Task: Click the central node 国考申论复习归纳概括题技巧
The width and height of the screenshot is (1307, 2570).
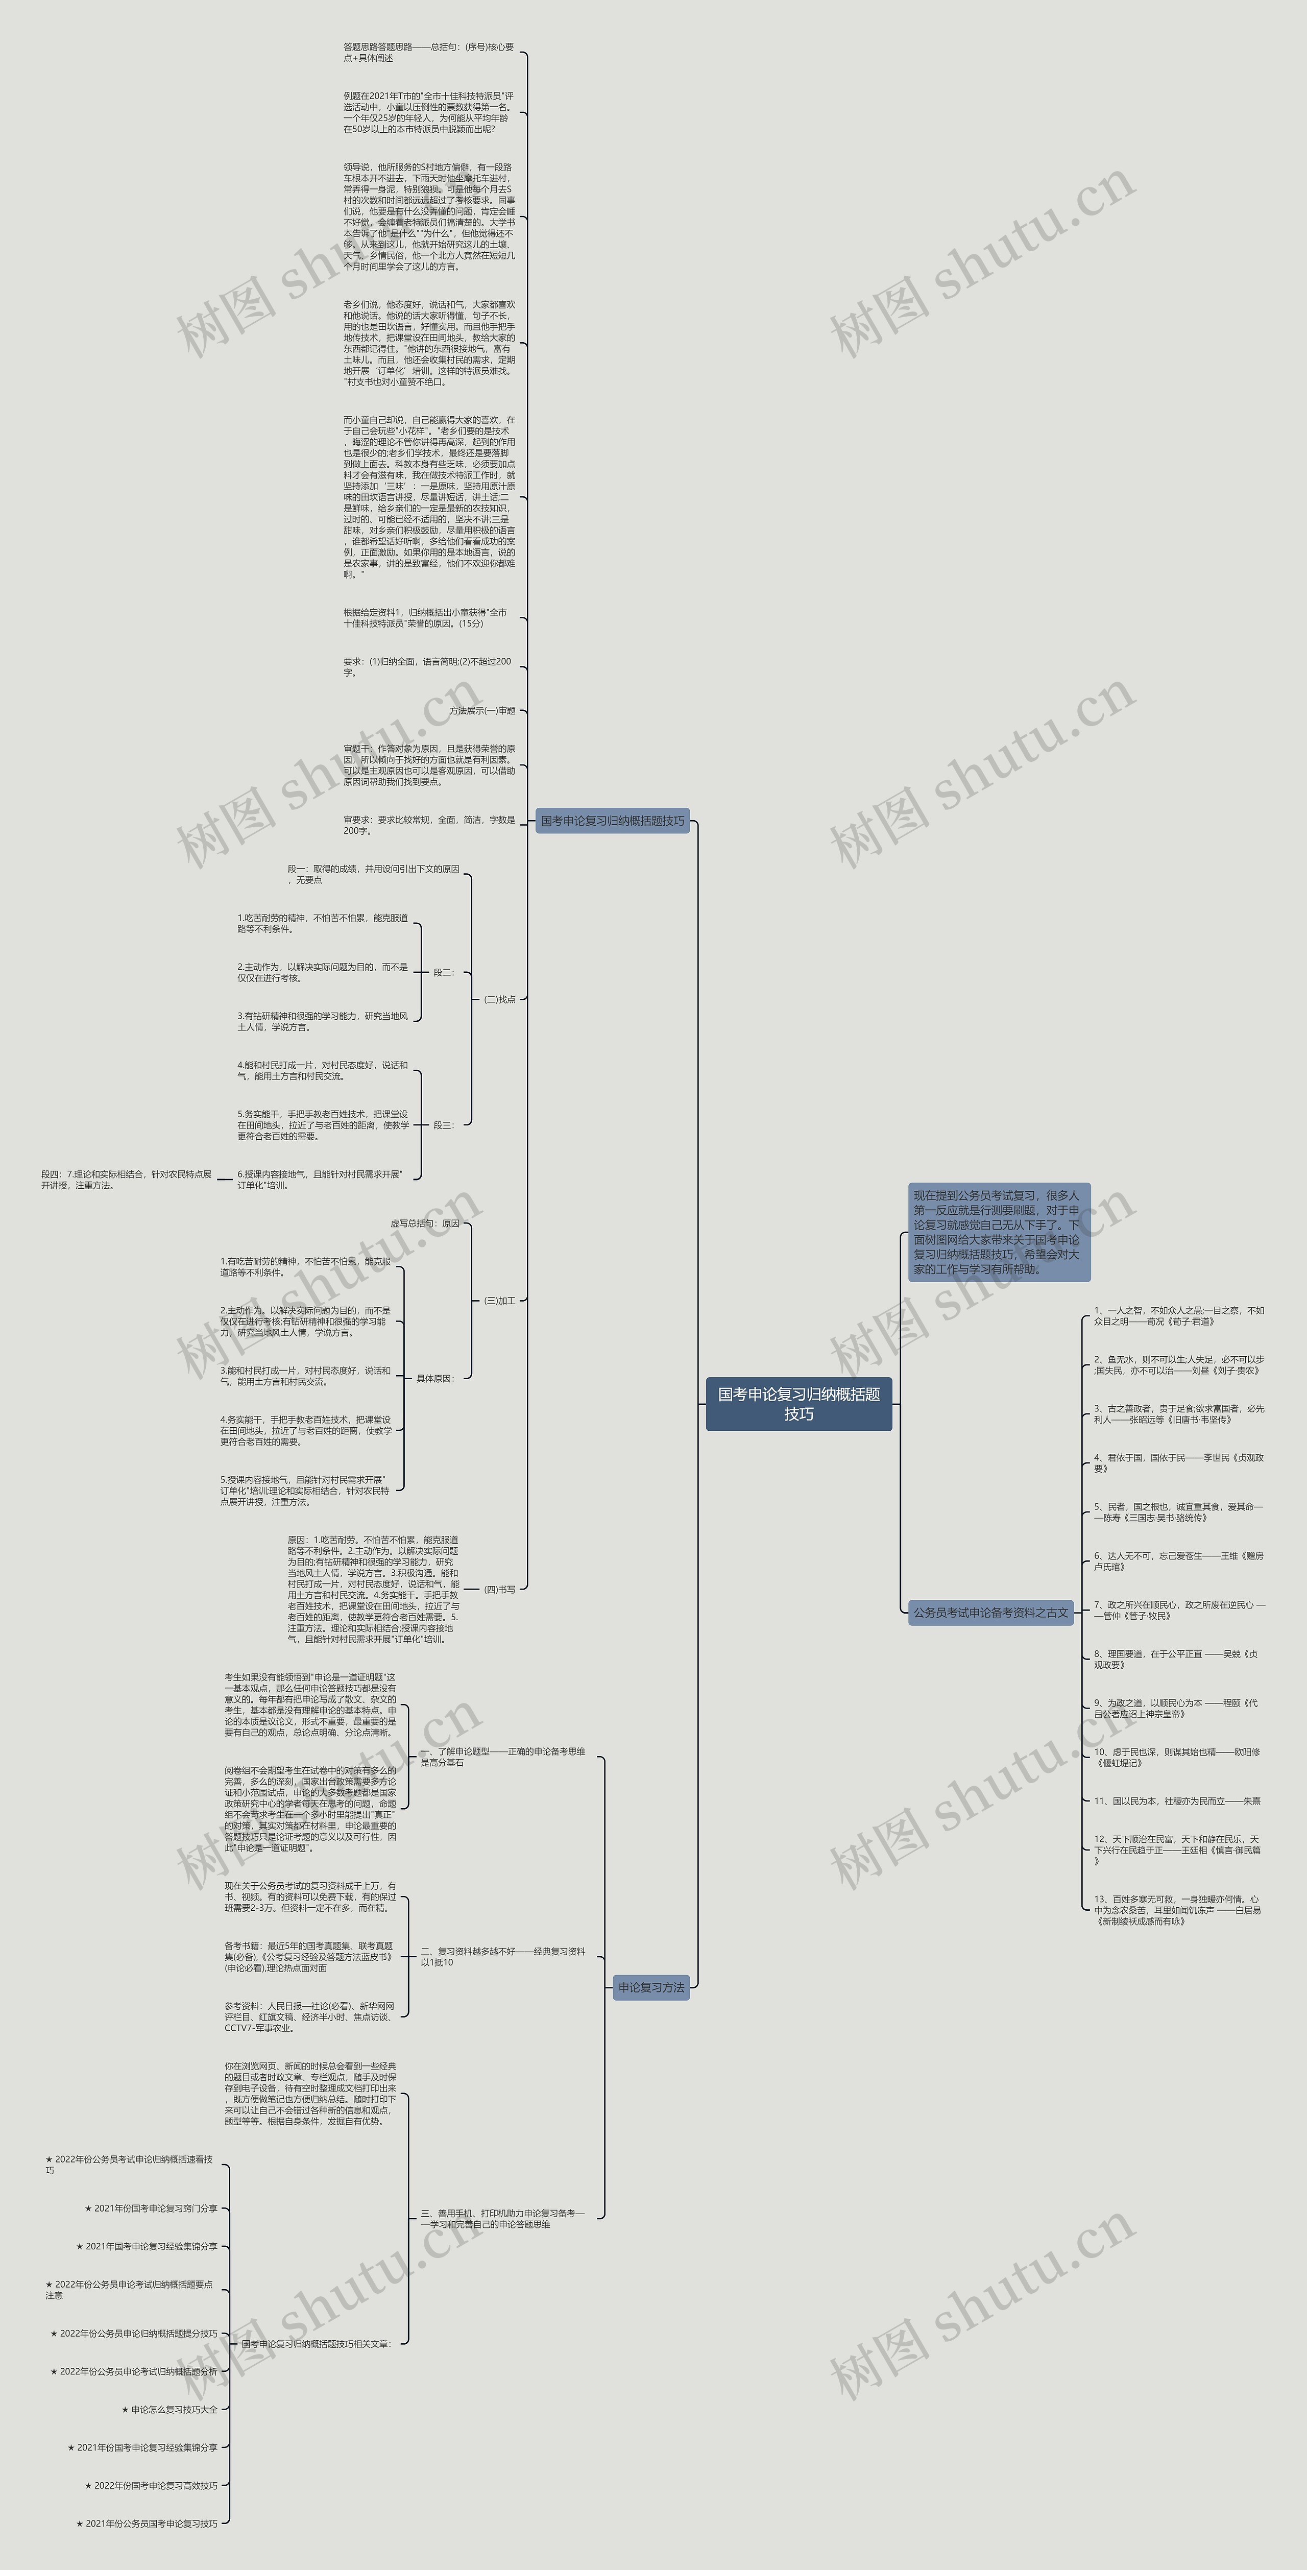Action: [798, 1404]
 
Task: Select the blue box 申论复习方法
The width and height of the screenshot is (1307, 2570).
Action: [650, 1987]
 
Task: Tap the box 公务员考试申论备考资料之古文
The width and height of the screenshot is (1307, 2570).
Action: [990, 1612]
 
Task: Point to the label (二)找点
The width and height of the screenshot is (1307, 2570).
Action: [499, 999]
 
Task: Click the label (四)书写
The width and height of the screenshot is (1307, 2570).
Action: [499, 1589]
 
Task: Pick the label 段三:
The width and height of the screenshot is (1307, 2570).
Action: [443, 1125]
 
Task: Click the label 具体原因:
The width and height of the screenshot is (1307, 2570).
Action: [434, 1379]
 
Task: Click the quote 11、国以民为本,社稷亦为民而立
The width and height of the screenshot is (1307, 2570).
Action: [1176, 1801]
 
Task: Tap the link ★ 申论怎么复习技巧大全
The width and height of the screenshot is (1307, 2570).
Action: [170, 2409]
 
